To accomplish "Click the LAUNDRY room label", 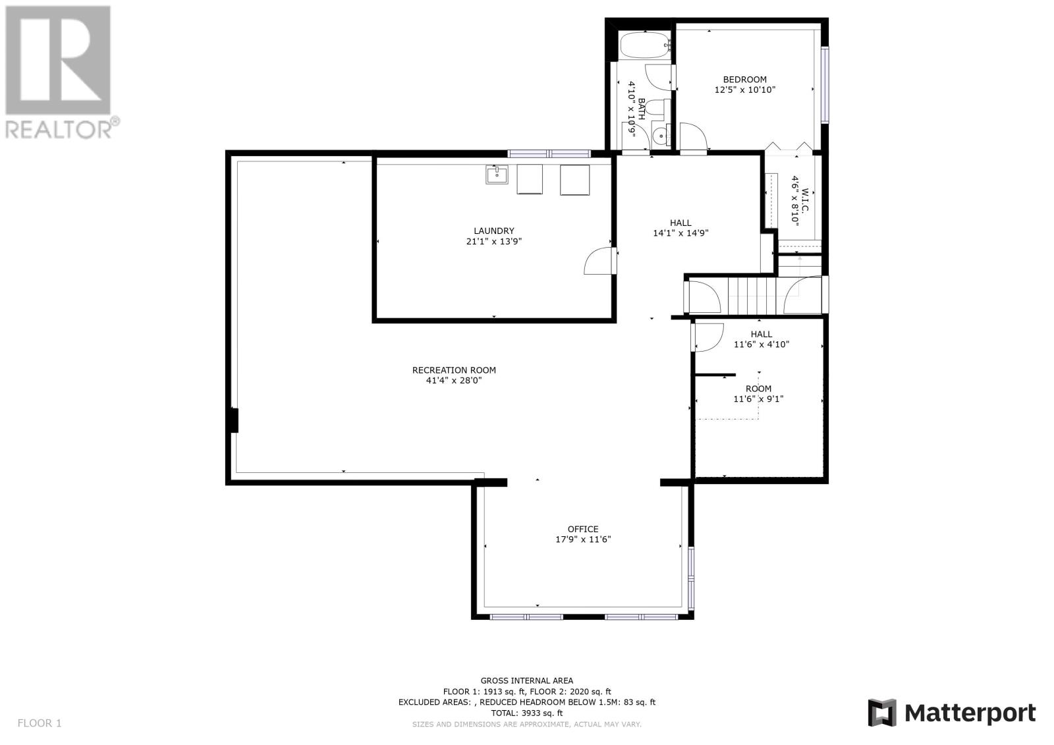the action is point(493,231).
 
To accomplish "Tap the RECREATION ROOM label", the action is point(454,370).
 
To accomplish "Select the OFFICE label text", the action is point(583,529).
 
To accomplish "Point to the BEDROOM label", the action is point(745,80).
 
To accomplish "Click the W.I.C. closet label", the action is point(805,200).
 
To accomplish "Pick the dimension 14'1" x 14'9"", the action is point(681,233).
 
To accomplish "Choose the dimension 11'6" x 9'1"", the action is point(758,399).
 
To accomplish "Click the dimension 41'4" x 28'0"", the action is point(454,380).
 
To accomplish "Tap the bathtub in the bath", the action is point(645,45).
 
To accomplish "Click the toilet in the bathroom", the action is point(655,108).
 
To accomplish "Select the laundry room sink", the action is point(497,175).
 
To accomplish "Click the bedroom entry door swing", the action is point(694,136).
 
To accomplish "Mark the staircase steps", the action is point(752,295).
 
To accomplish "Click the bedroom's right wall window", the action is point(825,85).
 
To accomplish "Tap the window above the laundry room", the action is point(549,153).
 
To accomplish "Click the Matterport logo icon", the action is point(882,713).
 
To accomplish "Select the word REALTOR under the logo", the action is point(59,129).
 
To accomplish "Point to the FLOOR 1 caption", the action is point(40,723).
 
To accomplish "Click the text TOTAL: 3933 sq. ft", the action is point(527,713).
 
